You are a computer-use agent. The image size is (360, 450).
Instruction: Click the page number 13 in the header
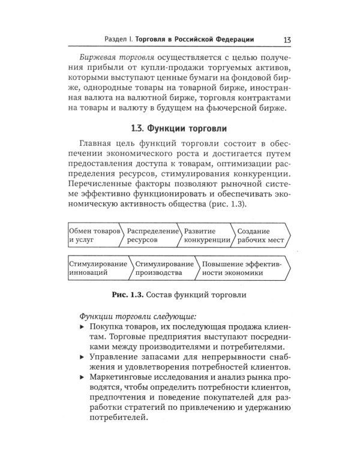(x=286, y=40)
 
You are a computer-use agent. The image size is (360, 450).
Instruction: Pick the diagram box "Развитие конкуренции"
(x=206, y=235)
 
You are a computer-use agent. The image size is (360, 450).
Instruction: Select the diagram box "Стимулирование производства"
(x=163, y=268)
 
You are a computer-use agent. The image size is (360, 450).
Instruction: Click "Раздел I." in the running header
(x=118, y=40)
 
